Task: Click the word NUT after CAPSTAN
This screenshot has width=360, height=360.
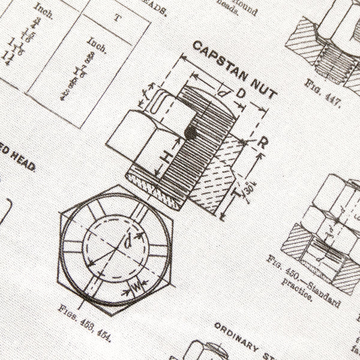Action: (x=261, y=88)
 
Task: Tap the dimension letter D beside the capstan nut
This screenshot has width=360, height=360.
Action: (x=240, y=94)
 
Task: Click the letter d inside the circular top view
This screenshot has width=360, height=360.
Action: (x=127, y=243)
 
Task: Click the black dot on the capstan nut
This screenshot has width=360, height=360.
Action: (x=190, y=131)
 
